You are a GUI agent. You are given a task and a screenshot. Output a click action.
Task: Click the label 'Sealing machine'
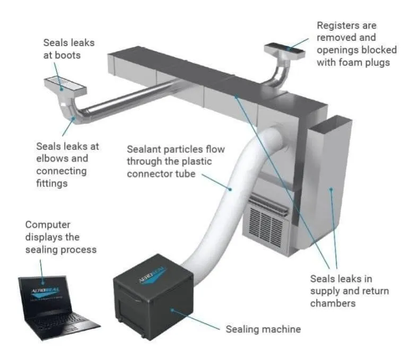263,329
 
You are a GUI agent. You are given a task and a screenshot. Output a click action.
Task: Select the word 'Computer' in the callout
48,225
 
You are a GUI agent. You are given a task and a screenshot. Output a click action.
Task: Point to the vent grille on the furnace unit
268,223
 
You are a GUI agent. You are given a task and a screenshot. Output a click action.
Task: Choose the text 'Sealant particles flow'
176,149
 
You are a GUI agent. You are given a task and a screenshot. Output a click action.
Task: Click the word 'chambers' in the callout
333,303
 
